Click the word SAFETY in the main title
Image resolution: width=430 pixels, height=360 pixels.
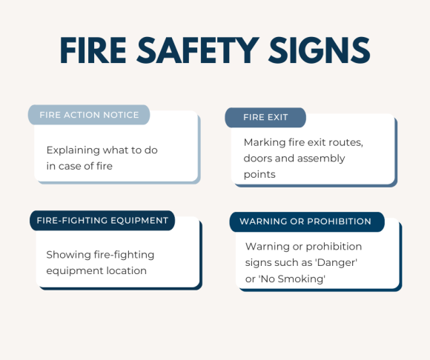point(210,50)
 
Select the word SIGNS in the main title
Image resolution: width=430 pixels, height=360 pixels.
point(323,50)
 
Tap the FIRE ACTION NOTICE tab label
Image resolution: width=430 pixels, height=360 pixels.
point(89,115)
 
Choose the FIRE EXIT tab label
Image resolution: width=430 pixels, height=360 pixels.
point(265,118)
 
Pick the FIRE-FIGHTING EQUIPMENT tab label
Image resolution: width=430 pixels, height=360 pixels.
point(103,220)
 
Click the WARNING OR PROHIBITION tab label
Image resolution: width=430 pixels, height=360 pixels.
point(305,221)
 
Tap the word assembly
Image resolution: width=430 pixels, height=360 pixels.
point(320,158)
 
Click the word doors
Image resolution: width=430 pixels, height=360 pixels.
point(259,158)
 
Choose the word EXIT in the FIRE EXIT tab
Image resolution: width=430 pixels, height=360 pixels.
point(277,118)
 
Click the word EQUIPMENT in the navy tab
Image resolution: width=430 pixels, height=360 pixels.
point(137,220)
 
